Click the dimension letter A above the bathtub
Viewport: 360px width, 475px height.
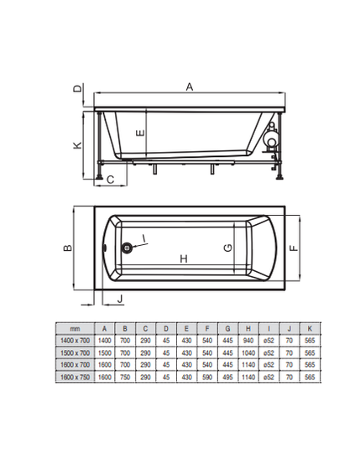point(190,87)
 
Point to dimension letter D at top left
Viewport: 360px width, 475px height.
point(78,88)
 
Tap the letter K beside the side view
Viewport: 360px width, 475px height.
point(78,145)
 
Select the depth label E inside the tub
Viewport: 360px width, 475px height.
point(141,133)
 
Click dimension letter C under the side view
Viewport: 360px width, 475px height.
point(111,180)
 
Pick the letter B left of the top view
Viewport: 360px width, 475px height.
point(68,248)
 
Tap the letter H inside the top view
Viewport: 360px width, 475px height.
point(184,258)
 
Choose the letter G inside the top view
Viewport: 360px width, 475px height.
point(228,248)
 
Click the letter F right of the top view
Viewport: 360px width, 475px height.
point(294,248)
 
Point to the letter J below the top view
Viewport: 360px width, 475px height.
point(120,299)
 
